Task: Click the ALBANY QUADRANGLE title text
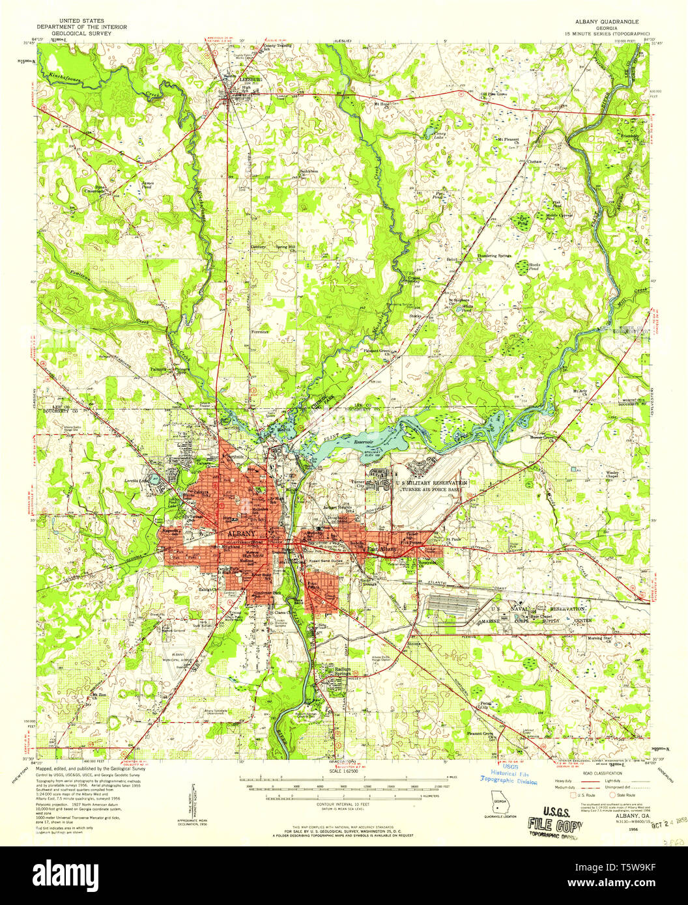tap(610, 21)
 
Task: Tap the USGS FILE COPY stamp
tap(554, 817)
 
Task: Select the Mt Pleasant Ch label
tap(512, 139)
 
